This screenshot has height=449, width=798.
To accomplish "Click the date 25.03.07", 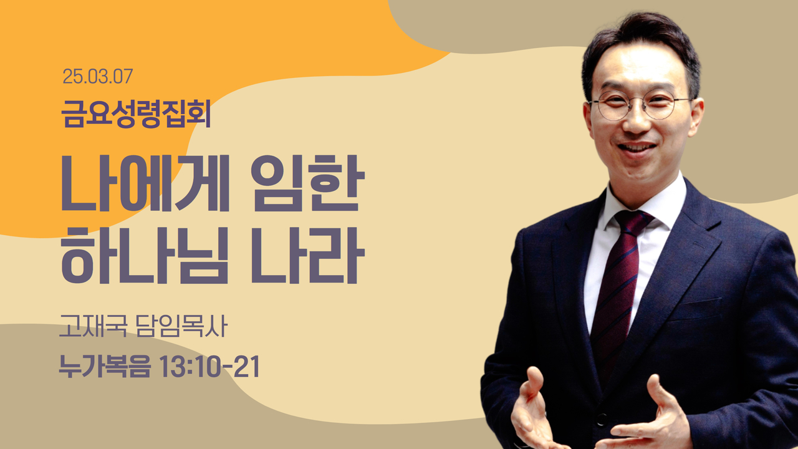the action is point(98,77).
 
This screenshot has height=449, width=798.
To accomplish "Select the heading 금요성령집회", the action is point(136,113).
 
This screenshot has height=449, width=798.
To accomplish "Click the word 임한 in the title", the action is point(308,183).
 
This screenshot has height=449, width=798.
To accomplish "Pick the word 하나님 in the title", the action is point(144,255).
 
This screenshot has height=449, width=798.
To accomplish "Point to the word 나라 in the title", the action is point(308,255).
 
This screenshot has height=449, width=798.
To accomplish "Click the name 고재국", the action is point(94,326).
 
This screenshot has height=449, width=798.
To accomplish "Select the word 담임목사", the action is point(181,326).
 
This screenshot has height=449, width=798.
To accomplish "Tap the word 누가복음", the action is point(105,366).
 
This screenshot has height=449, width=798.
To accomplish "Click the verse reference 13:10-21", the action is point(209,366).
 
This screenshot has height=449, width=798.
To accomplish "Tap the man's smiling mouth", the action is point(637,148).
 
